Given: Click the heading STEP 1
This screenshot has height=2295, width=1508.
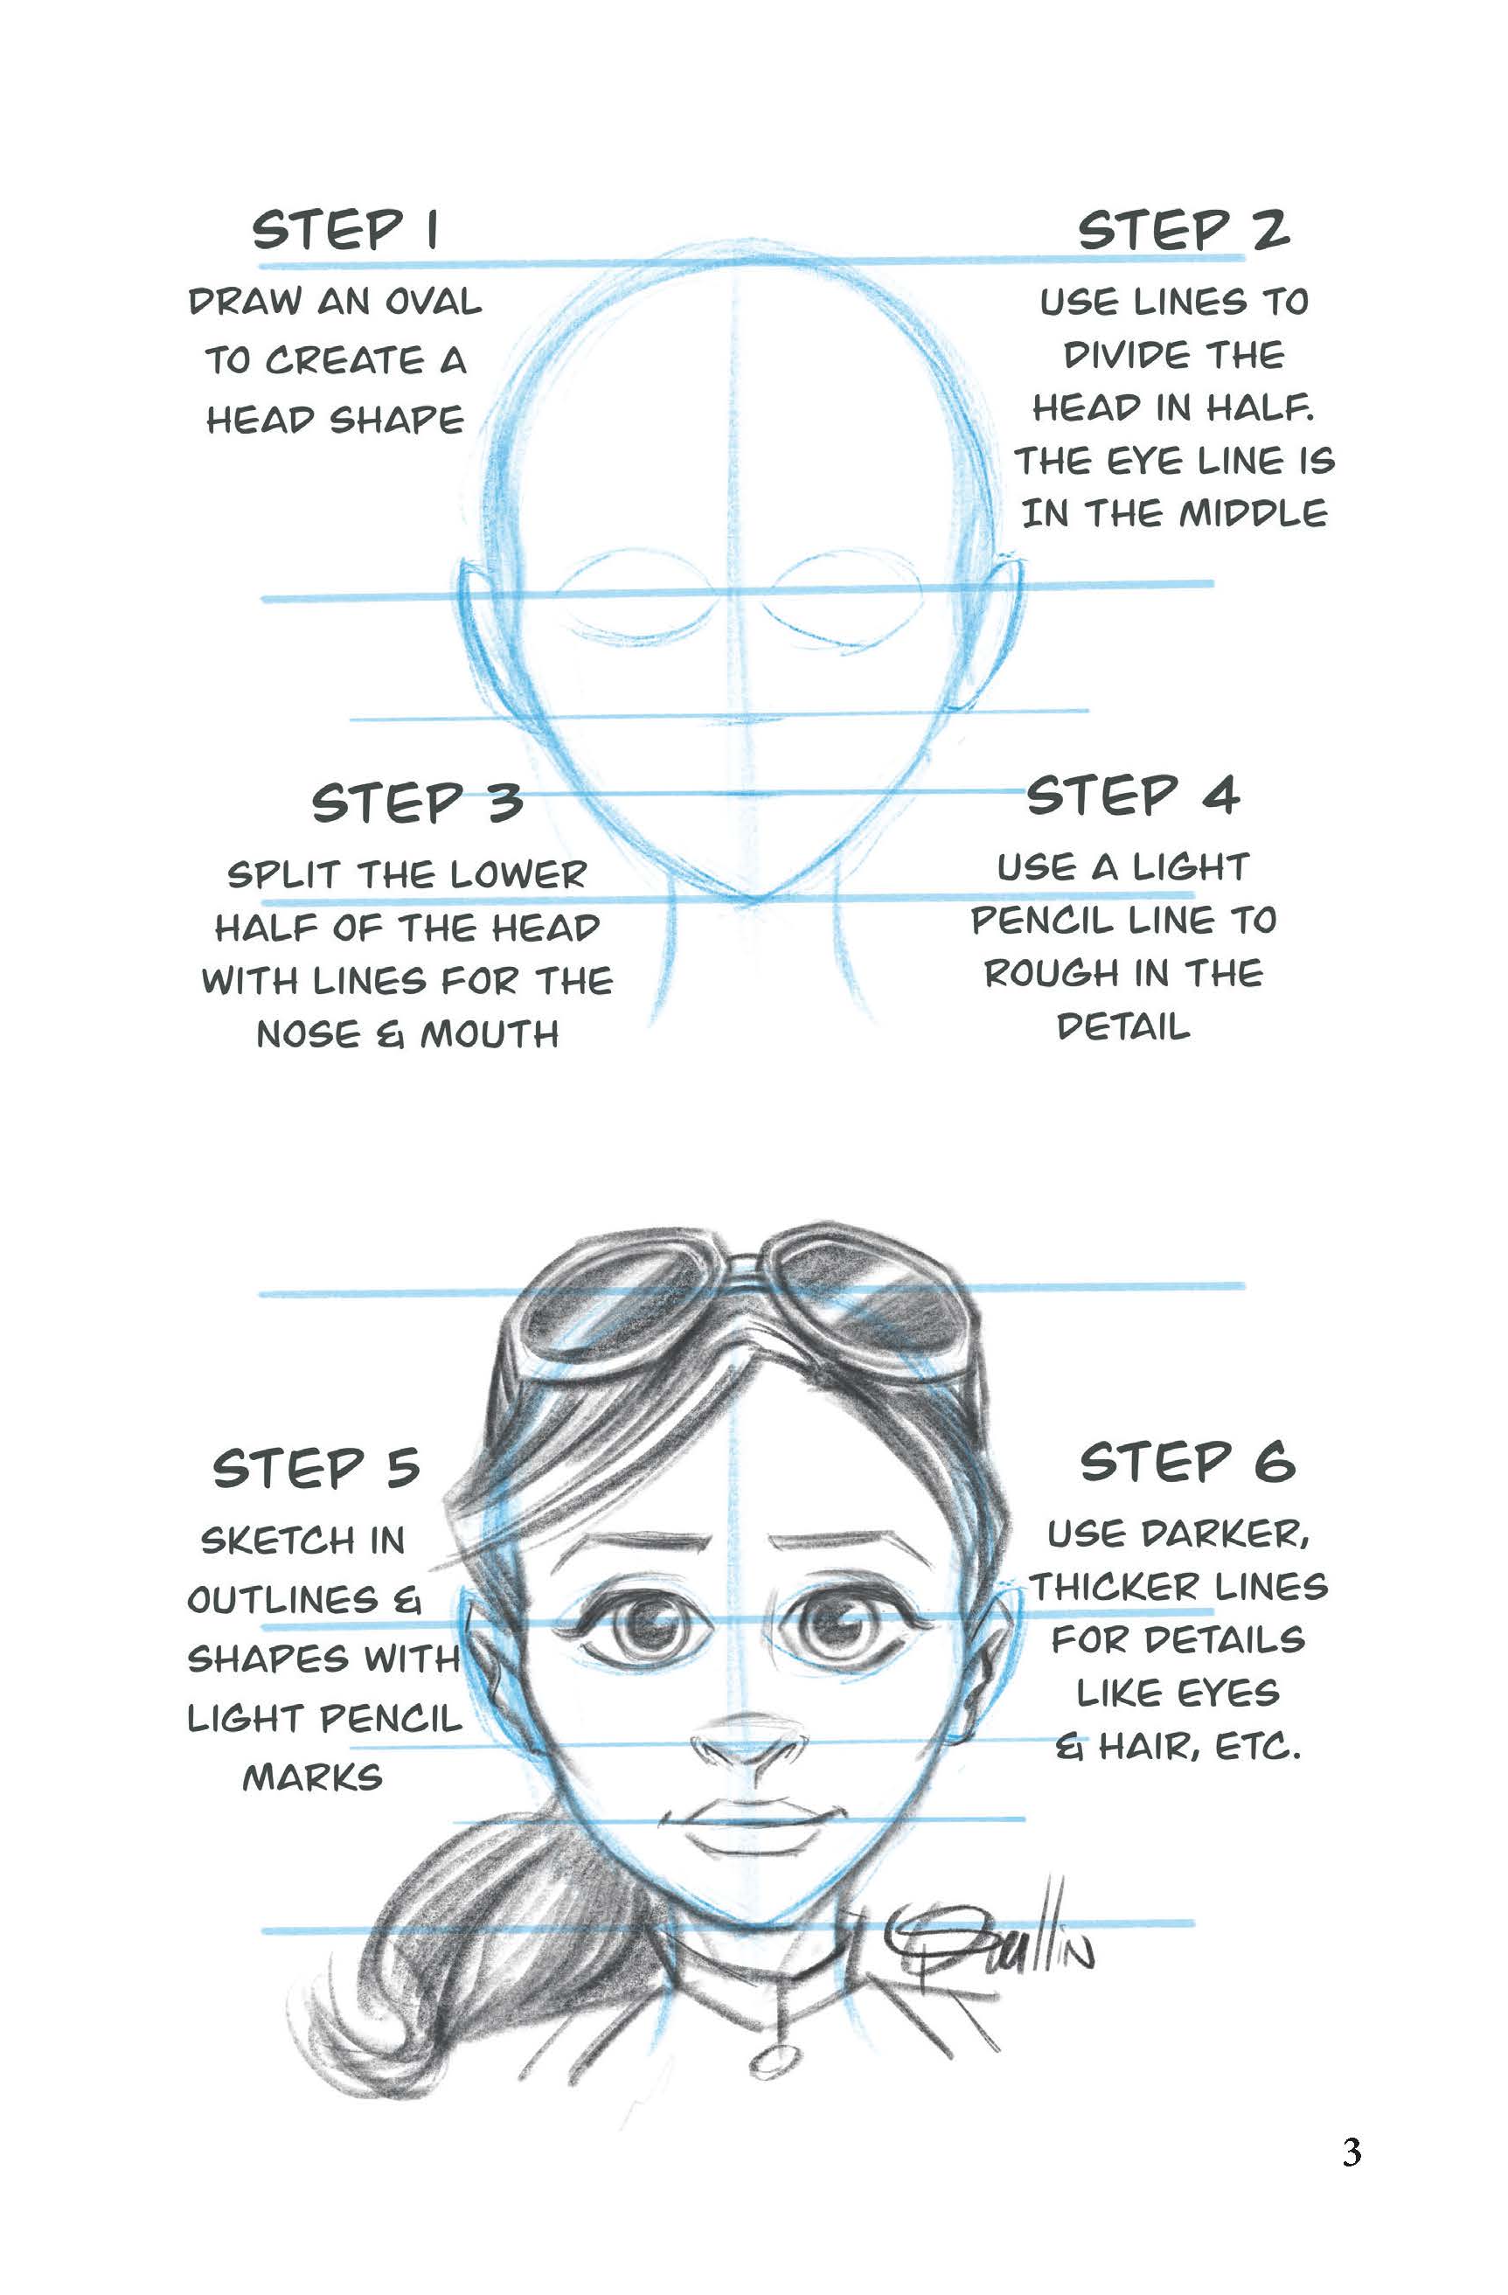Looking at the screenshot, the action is [x=346, y=231].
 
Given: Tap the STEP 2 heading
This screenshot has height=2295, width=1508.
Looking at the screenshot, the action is [x=1183, y=231].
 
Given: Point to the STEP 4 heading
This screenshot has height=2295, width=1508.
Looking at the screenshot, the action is [x=1132, y=796].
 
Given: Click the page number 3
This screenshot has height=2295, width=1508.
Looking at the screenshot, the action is [x=1351, y=2152].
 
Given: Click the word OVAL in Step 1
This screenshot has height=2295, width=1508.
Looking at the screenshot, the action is [x=433, y=302].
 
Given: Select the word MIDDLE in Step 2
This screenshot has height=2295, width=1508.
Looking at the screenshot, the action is [x=1253, y=514].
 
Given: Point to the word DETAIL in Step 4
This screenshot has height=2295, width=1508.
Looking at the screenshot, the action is [x=1123, y=1027].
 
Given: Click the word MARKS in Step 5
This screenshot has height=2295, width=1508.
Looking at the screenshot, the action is [x=312, y=1777].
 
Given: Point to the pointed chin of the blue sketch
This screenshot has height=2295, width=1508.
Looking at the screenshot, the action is [x=752, y=899].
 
